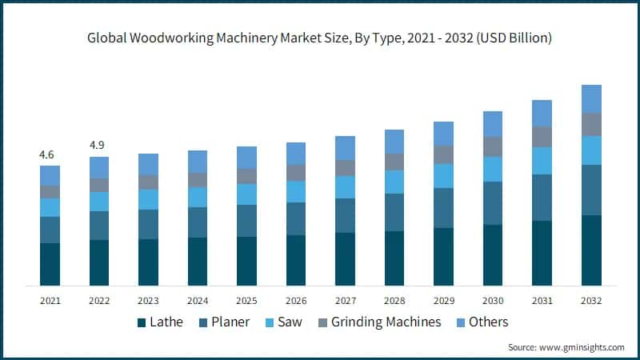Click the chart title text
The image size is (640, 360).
tap(320, 38)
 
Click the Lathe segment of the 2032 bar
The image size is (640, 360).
tap(591, 250)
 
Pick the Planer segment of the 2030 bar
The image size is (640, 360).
tap(493, 203)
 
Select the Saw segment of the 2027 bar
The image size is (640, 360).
tap(345, 186)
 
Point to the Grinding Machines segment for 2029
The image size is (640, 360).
tap(443, 154)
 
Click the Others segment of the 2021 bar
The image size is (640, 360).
tap(50, 175)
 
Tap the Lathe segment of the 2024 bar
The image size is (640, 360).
tap(198, 262)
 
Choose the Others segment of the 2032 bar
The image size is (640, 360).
tap(591, 98)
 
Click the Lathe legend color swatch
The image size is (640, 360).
tap(142, 322)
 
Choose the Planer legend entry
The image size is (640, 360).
tap(223, 322)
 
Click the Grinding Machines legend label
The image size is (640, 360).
tap(386, 322)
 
